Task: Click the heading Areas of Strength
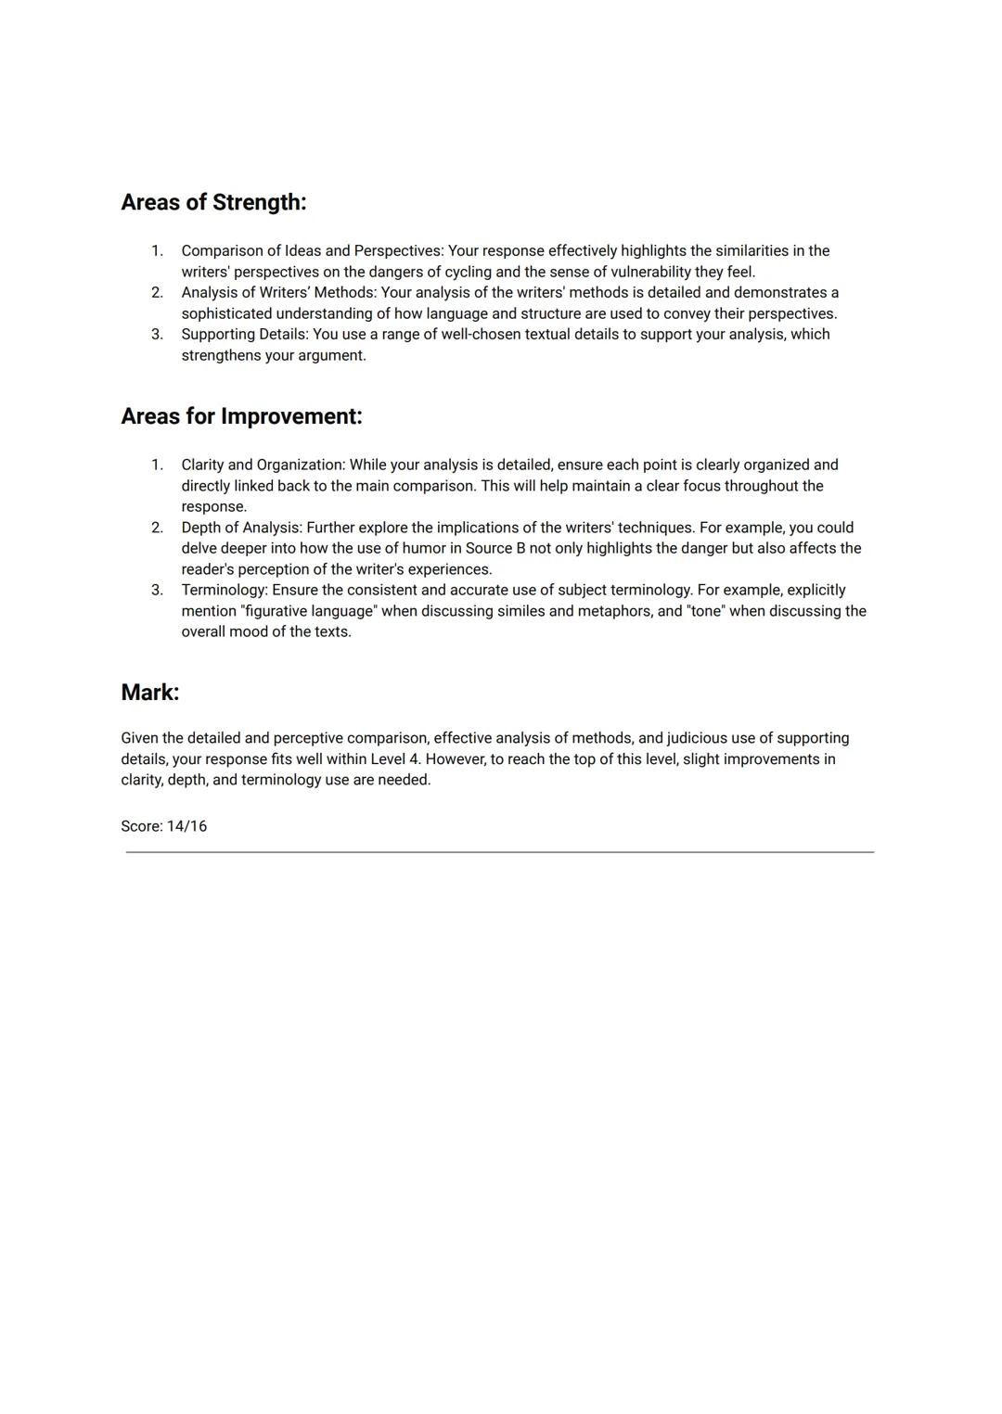click(x=213, y=202)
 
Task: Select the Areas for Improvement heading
click(x=241, y=416)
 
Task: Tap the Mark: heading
click(x=149, y=693)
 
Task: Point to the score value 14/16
click(x=186, y=826)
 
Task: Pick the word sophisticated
click(x=226, y=313)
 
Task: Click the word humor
click(x=424, y=548)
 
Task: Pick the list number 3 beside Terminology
click(x=157, y=590)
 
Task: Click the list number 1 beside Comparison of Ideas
click(x=157, y=250)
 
